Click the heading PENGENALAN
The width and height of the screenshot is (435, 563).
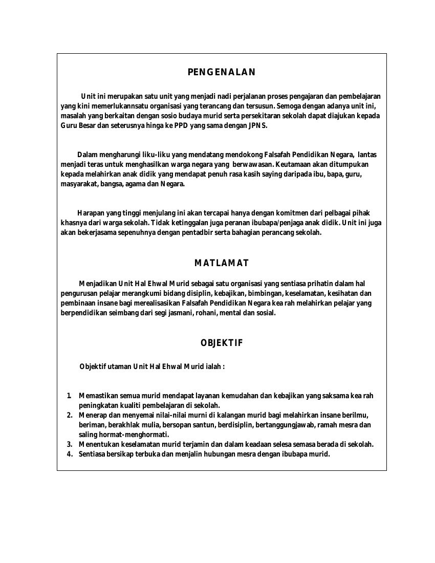221,72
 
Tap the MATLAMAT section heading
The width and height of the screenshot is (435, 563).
221,263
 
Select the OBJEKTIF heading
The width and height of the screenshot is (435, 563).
221,343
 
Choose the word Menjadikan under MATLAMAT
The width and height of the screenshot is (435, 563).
98,283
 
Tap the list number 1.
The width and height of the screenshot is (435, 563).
69,396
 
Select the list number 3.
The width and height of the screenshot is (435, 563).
70,444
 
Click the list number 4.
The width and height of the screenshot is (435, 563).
70,454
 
